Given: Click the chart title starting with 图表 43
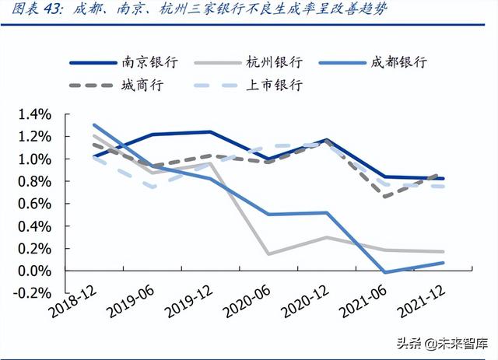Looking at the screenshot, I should point(195,12).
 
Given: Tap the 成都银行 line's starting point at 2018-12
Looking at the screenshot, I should point(93,124).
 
